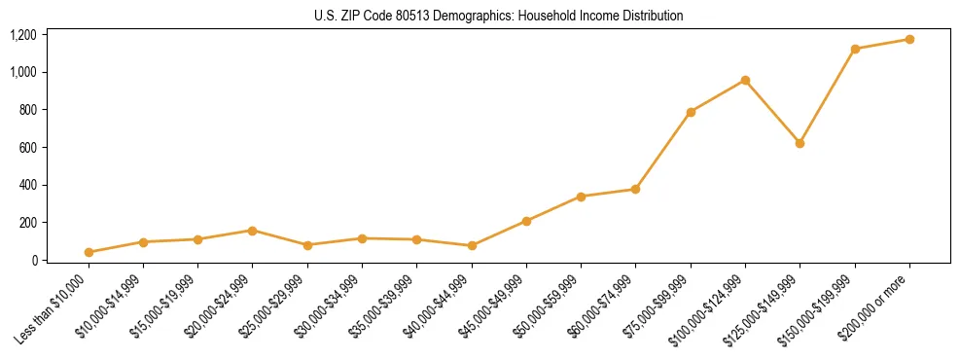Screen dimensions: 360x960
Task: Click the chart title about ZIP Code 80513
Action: pyautogui.click(x=499, y=17)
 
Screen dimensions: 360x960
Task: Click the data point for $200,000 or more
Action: pyautogui.click(x=909, y=39)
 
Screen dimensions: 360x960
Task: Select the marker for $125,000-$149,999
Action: pyautogui.click(x=800, y=143)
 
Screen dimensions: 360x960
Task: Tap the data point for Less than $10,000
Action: pyautogui.click(x=89, y=252)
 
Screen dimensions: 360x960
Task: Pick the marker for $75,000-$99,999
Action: pyautogui.click(x=691, y=112)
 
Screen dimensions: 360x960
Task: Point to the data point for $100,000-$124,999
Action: pyautogui.click(x=745, y=80)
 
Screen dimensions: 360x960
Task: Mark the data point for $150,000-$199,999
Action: pyautogui.click(x=855, y=49)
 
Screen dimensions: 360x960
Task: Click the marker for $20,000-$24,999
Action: pyautogui.click(x=252, y=231)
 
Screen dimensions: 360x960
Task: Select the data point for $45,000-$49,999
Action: pyautogui.click(x=526, y=221)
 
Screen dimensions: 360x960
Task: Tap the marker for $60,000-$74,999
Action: pyautogui.click(x=635, y=189)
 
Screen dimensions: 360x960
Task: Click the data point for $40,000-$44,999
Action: pyautogui.click(x=472, y=245)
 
